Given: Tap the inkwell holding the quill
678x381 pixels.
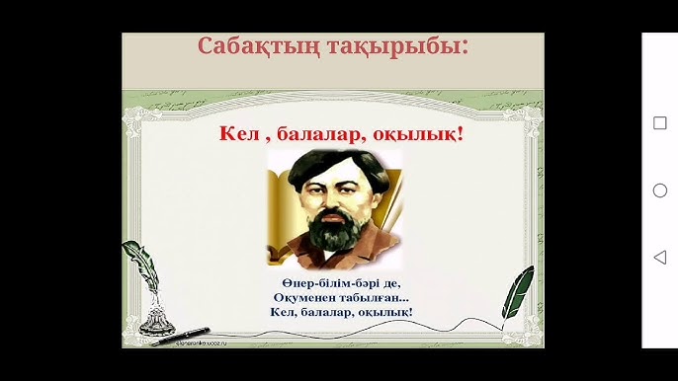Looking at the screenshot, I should pos(156,319).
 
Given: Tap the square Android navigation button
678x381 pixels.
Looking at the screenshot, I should pos(660,123).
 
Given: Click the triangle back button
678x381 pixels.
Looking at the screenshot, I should pos(660,257).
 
